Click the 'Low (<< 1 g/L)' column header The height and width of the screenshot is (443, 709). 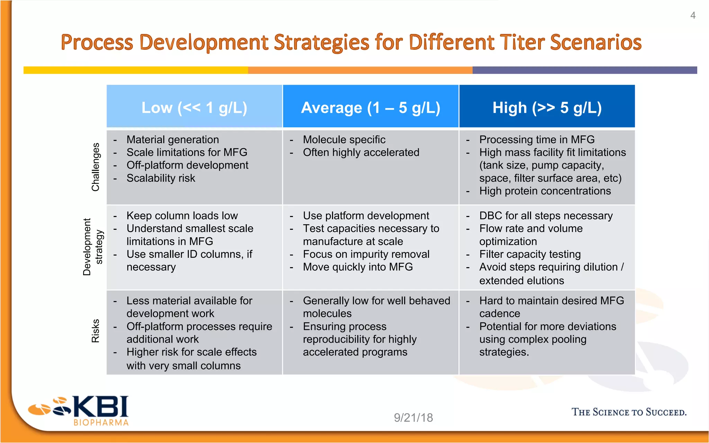coord(194,107)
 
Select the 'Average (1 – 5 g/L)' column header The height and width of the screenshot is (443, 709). coord(370,107)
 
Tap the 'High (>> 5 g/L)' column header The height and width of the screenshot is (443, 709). coord(547,107)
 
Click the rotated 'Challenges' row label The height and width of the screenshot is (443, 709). coord(96,167)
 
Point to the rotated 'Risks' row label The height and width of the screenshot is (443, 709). coord(96,331)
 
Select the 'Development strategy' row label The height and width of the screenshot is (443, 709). coord(93,247)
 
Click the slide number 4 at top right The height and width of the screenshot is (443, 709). coord(693,15)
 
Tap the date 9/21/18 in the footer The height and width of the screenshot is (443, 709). coord(413,418)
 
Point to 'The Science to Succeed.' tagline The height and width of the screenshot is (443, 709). coord(629,412)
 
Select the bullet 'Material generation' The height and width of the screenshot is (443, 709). coord(172,139)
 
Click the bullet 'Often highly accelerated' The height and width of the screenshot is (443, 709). coord(361,152)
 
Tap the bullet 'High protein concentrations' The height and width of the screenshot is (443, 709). coord(545,191)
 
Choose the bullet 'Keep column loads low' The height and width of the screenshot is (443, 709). coord(182,216)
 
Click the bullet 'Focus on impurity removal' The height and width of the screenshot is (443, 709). coord(366,254)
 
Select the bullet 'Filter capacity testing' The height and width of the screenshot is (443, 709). coord(530,254)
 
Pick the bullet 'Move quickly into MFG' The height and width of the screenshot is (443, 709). coord(358,267)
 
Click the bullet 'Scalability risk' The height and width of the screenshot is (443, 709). coord(161,178)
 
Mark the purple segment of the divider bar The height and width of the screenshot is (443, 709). coord(584,70)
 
